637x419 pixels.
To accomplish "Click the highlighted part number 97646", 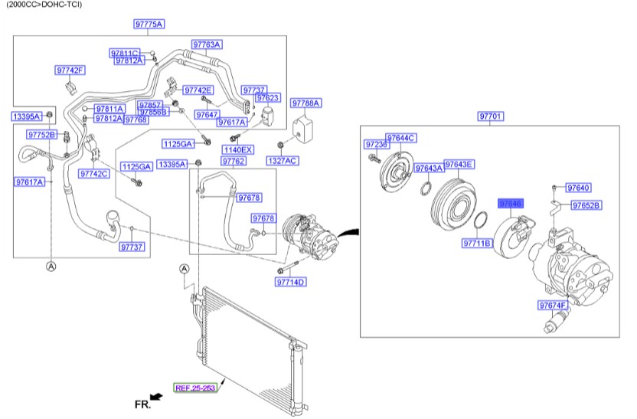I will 510,204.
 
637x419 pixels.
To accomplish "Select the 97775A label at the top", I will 149,25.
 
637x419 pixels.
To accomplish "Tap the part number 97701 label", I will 490,116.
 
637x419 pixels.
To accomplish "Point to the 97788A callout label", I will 306,103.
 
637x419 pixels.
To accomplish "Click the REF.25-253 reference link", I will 195,388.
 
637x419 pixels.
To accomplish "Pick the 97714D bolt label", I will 291,283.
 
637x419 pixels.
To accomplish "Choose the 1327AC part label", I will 283,161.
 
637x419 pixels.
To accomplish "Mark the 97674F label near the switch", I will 553,306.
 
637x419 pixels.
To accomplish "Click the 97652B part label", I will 586,205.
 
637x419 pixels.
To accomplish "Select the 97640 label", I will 578,188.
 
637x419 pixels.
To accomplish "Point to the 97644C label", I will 400,138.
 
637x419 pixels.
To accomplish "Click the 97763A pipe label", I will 206,44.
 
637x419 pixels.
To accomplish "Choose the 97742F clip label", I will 70,70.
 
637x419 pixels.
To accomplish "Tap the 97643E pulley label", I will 459,165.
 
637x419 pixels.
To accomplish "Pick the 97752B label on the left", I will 42,135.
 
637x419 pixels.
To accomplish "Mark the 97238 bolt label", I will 374,144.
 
